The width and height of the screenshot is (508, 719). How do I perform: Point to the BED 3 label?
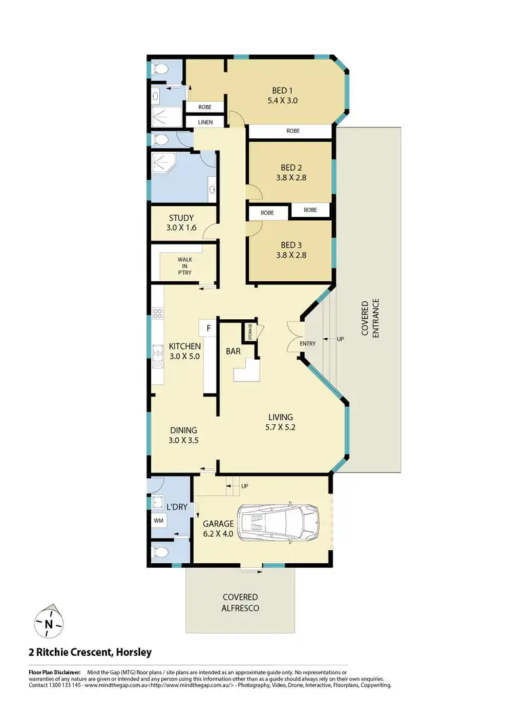[291, 246]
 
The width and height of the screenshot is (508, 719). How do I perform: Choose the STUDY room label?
[181, 218]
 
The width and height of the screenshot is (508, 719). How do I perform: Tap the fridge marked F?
[208, 329]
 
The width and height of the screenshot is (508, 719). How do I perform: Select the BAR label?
[235, 352]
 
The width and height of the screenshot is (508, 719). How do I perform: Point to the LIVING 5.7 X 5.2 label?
[280, 422]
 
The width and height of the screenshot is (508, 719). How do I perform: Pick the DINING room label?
[184, 430]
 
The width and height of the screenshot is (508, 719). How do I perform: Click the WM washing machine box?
[158, 520]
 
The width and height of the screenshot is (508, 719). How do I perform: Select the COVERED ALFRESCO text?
[240, 602]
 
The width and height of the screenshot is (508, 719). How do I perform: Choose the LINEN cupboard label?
[205, 122]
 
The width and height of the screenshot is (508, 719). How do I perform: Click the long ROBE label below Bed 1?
[293, 131]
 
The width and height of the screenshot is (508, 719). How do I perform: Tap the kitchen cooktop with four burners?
[157, 313]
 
